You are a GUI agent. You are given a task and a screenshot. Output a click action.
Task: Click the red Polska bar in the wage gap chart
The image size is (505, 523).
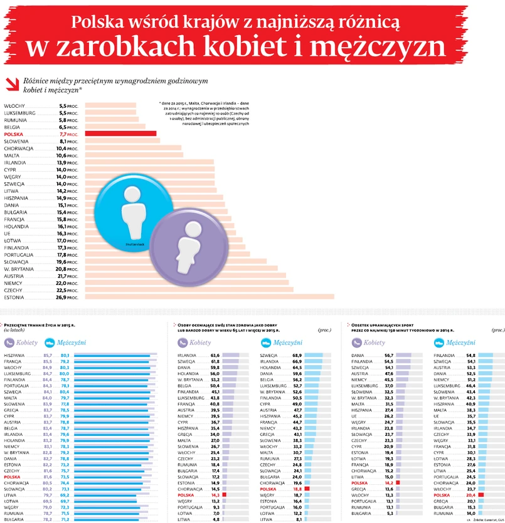click(120, 133)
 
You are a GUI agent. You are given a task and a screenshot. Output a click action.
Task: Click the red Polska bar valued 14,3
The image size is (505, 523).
click(224, 495)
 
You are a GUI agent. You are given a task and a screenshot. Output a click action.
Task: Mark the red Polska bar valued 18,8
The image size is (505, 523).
click(307, 489)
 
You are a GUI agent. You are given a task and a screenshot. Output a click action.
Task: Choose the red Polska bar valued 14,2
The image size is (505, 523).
click(398, 483)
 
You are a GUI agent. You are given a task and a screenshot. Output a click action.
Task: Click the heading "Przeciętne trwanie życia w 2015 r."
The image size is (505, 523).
click(41, 326)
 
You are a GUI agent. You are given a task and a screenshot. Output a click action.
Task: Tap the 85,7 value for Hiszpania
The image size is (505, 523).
click(47, 356)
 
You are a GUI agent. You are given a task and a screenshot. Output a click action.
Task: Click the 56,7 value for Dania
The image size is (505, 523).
click(388, 356)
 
